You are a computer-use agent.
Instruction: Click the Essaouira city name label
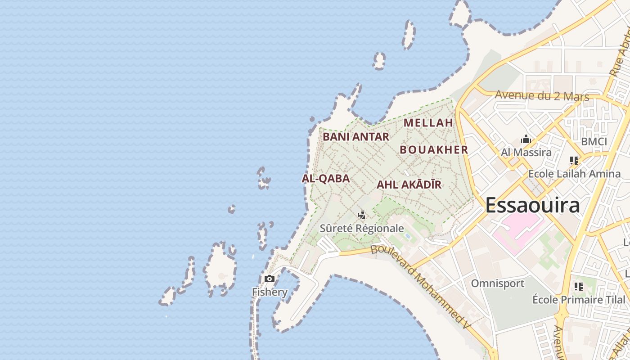532,205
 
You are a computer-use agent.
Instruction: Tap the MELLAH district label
428,122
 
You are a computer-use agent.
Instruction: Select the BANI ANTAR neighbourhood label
355,136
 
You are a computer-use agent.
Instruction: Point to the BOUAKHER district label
434,150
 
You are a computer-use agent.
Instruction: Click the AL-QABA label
325,179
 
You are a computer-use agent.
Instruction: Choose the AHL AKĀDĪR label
409,184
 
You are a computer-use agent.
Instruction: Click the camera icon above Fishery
270,279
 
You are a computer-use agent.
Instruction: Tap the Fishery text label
270,292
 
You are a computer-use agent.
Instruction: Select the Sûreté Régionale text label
361,228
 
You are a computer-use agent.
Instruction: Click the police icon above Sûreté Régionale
361,215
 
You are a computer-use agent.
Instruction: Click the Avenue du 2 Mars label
542,96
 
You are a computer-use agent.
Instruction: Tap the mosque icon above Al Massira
526,139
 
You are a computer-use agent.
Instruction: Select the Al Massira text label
526,152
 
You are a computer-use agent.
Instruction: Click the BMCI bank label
594,142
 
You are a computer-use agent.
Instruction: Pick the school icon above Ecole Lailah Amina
574,160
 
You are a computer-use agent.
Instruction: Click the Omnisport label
497,283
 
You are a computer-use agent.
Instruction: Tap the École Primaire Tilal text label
579,300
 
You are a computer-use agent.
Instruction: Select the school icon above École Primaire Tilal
579,286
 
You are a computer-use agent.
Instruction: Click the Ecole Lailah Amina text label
574,174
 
